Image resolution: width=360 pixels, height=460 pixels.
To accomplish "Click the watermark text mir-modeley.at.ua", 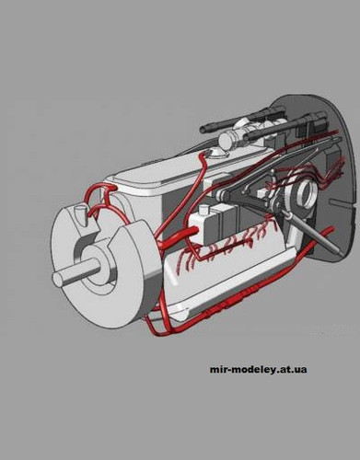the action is coord(258,370).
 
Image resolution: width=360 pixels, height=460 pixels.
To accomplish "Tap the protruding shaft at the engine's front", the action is coord(75,273).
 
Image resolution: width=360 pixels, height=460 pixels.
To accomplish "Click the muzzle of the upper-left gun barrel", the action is coord(203,130).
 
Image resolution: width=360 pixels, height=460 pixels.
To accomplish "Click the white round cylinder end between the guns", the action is coord(226,140).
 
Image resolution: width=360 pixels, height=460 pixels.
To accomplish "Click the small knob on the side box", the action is coord(203,211).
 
